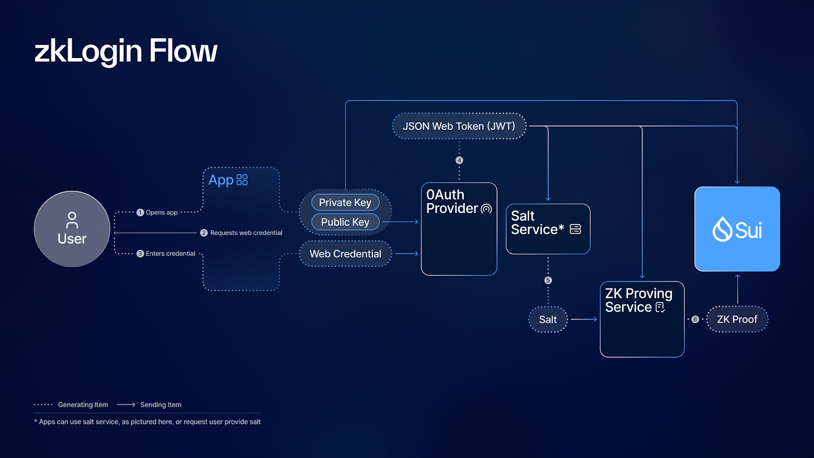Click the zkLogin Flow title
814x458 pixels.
126,51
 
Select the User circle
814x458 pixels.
72,229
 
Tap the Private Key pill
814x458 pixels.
345,203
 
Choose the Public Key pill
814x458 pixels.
345,222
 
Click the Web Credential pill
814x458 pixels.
345,253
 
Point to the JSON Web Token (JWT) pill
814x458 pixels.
459,126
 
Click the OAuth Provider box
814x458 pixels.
459,229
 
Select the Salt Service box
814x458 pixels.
548,229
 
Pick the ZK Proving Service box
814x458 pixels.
642,319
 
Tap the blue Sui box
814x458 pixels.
737,229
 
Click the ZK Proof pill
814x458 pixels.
737,320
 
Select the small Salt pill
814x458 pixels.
548,320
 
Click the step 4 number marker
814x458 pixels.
459,160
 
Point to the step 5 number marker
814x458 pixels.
548,280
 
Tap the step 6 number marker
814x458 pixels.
695,320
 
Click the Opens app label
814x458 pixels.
161,213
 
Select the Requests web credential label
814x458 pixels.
246,233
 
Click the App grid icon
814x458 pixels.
242,180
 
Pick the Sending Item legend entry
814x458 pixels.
160,405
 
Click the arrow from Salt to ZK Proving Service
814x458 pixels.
584,320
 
